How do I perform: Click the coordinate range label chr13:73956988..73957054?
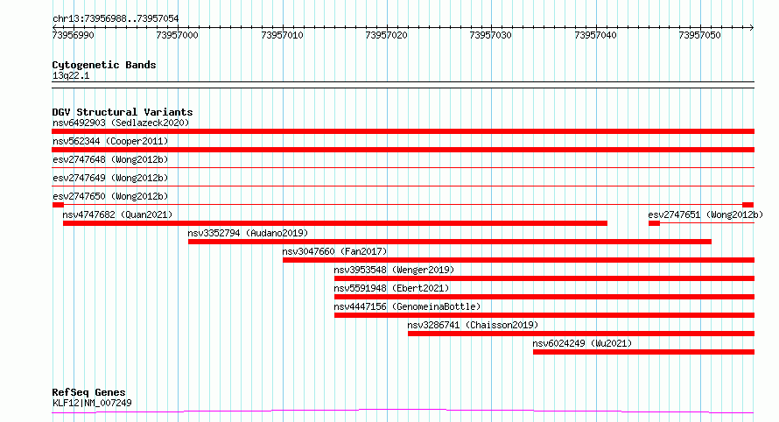click(x=116, y=19)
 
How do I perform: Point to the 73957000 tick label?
click(x=177, y=35)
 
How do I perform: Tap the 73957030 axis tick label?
click(x=490, y=35)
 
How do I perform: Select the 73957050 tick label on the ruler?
click(x=699, y=35)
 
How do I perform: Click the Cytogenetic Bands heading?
click(x=104, y=65)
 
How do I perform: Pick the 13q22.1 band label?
click(x=71, y=75)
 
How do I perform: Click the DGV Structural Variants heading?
click(x=123, y=112)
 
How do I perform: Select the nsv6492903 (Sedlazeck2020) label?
click(x=121, y=123)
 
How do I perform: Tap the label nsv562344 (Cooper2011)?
click(x=110, y=141)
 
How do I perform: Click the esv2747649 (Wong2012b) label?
click(x=110, y=178)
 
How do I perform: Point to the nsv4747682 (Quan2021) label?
click(x=117, y=215)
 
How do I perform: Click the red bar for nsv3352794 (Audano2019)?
click(x=450, y=242)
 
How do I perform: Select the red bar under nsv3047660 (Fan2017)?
click(x=519, y=260)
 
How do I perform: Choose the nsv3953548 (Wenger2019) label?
click(x=394, y=270)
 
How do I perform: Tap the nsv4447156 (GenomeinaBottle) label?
click(x=407, y=306)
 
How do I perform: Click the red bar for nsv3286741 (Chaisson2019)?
click(x=581, y=334)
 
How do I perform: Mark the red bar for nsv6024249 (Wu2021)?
click(x=644, y=352)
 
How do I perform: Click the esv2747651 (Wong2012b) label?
click(x=705, y=215)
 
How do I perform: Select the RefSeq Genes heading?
click(x=88, y=392)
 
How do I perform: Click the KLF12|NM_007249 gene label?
click(x=92, y=403)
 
